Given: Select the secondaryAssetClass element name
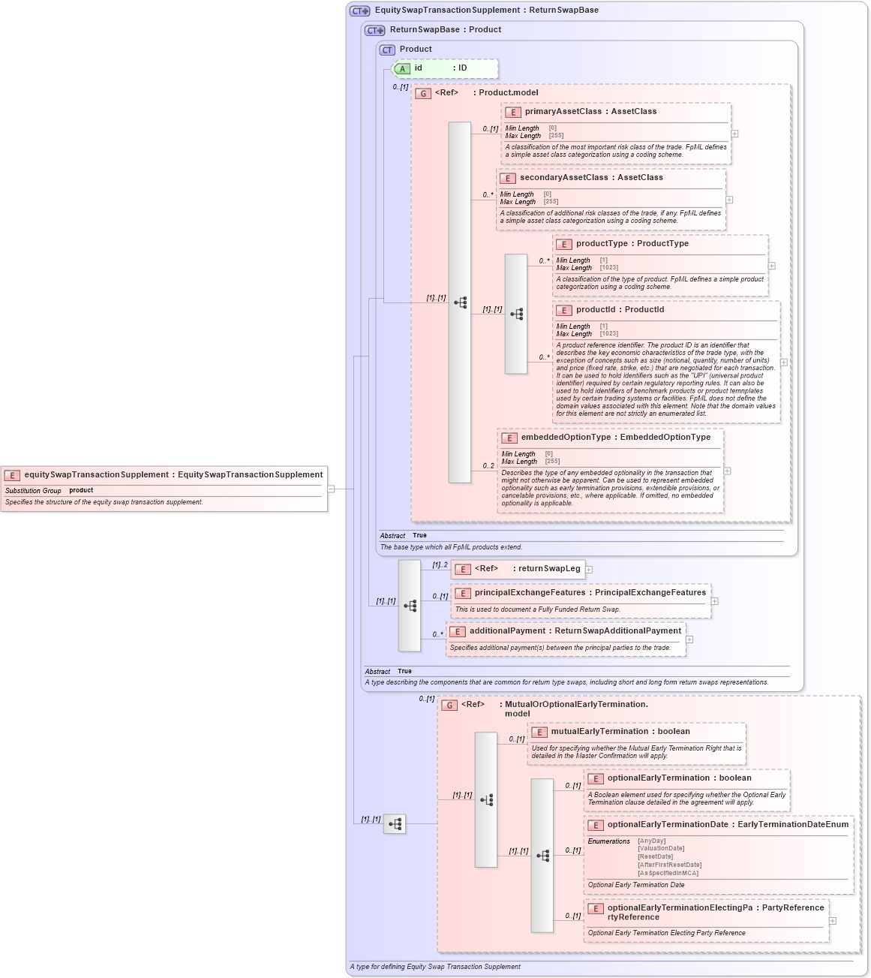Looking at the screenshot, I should click(x=563, y=178).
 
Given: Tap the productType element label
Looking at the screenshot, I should click(x=602, y=244).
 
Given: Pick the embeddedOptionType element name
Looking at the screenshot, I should click(x=566, y=438).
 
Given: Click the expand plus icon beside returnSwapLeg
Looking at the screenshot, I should click(x=589, y=570).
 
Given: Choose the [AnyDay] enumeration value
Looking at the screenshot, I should click(x=651, y=841).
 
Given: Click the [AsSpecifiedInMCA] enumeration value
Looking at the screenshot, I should click(x=668, y=873).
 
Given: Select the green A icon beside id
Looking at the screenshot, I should click(x=402, y=69).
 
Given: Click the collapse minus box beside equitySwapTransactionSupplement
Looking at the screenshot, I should click(x=331, y=489).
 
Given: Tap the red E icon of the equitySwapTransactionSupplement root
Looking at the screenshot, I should click(x=12, y=475).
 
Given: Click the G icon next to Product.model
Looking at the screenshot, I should click(x=423, y=94).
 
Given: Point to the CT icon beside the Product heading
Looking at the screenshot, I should click(x=387, y=50).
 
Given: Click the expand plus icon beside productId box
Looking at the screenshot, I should click(x=784, y=363).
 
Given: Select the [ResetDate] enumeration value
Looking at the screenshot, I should click(x=655, y=856).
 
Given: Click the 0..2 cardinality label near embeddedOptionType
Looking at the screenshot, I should click(x=488, y=466).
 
